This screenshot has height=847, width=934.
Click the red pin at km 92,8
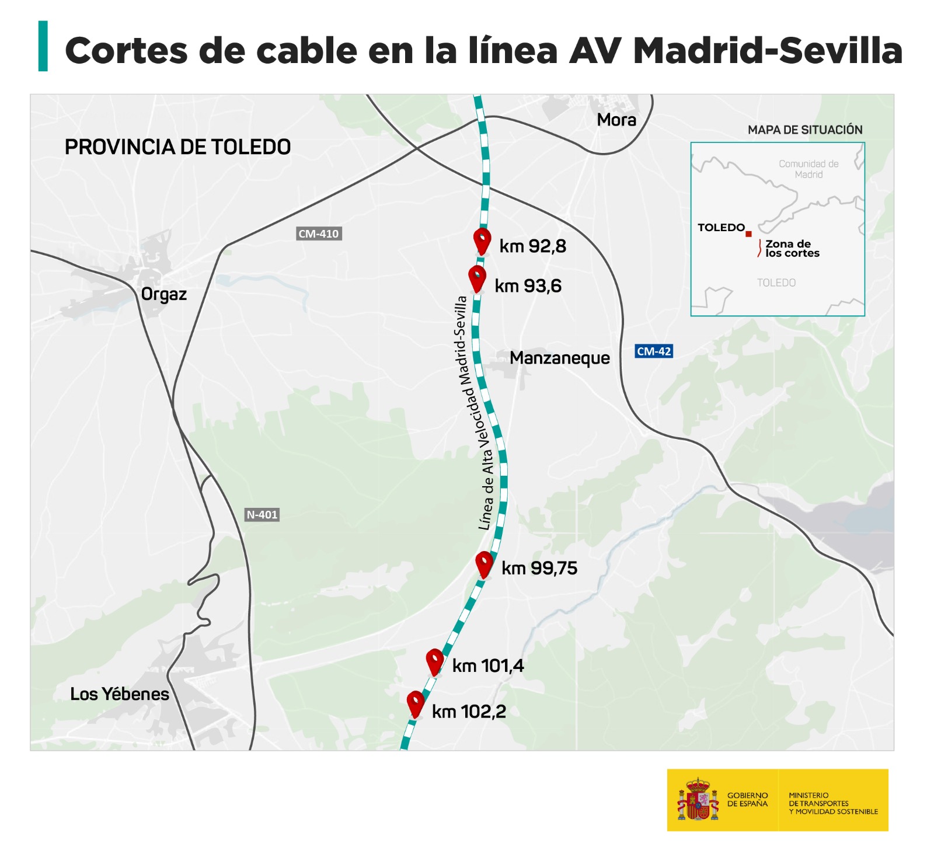[482, 240]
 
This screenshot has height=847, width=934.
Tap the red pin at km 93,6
[477, 278]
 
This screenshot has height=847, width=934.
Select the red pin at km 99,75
[484, 563]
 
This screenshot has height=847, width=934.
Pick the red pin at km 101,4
[435, 661]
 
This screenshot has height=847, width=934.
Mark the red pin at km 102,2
[415, 703]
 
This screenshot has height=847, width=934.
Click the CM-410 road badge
[318, 233]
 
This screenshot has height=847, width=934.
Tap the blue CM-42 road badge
[654, 351]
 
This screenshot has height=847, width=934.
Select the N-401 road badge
[262, 514]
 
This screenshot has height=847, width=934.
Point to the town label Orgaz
[164, 294]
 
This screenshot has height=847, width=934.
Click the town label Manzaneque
[559, 358]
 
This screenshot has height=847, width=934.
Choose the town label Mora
[616, 120]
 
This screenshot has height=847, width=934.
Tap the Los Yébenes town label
[120, 694]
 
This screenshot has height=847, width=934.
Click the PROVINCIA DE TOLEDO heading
[177, 147]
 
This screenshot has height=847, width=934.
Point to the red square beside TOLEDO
[748, 233]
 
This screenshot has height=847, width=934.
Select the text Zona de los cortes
[792, 249]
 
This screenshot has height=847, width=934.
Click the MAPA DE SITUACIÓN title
[805, 130]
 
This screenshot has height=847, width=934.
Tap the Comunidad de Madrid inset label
[808, 169]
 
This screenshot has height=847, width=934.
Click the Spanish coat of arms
[698, 799]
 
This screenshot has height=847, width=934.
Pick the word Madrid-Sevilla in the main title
[768, 51]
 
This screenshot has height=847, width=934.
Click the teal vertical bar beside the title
[43, 46]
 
